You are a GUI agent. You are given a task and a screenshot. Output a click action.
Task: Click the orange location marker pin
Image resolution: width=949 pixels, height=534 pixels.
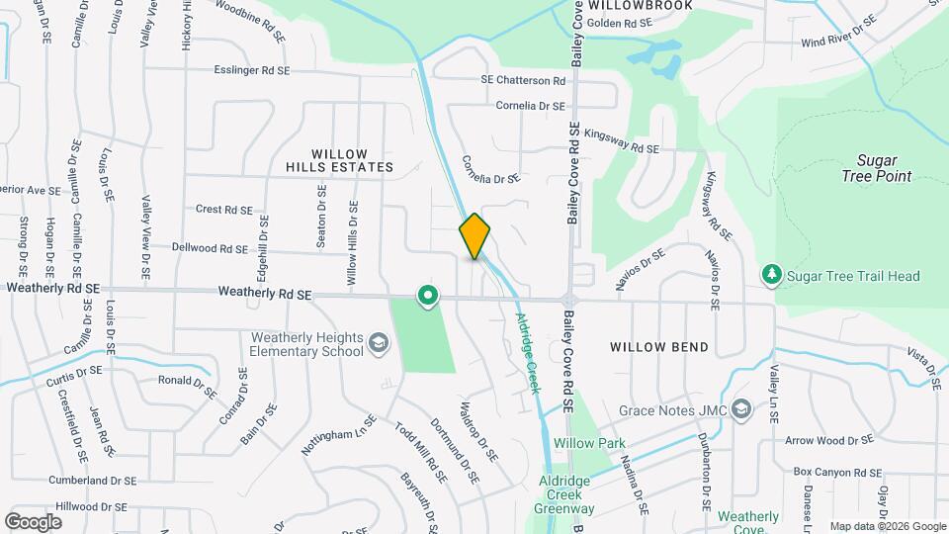(x=474, y=235)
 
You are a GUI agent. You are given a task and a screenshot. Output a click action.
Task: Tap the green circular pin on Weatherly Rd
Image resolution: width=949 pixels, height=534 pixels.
(x=428, y=295)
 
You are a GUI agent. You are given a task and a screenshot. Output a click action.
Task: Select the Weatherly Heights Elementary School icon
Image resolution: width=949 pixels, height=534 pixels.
(x=376, y=343)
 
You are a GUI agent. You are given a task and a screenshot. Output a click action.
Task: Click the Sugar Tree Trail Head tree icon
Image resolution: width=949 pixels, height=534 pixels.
(x=771, y=274)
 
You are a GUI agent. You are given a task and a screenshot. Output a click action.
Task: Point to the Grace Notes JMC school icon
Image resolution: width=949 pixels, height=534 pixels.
(x=743, y=409)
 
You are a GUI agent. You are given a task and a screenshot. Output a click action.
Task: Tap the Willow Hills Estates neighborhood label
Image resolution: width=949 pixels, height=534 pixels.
(x=353, y=160)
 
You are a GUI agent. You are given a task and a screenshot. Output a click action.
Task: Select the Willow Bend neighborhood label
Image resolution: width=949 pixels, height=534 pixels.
(x=658, y=347)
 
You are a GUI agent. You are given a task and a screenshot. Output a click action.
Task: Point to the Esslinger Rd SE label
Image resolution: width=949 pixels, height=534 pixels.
(x=252, y=71)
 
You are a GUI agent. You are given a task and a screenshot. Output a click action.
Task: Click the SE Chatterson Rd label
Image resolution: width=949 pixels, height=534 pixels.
(x=523, y=80)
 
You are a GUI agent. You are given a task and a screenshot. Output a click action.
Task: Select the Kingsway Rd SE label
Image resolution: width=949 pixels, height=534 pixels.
(x=622, y=140)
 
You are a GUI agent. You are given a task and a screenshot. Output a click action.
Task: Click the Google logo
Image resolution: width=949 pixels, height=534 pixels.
(x=33, y=521)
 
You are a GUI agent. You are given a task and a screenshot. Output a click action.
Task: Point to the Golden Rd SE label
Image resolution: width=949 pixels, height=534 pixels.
(x=620, y=22)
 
